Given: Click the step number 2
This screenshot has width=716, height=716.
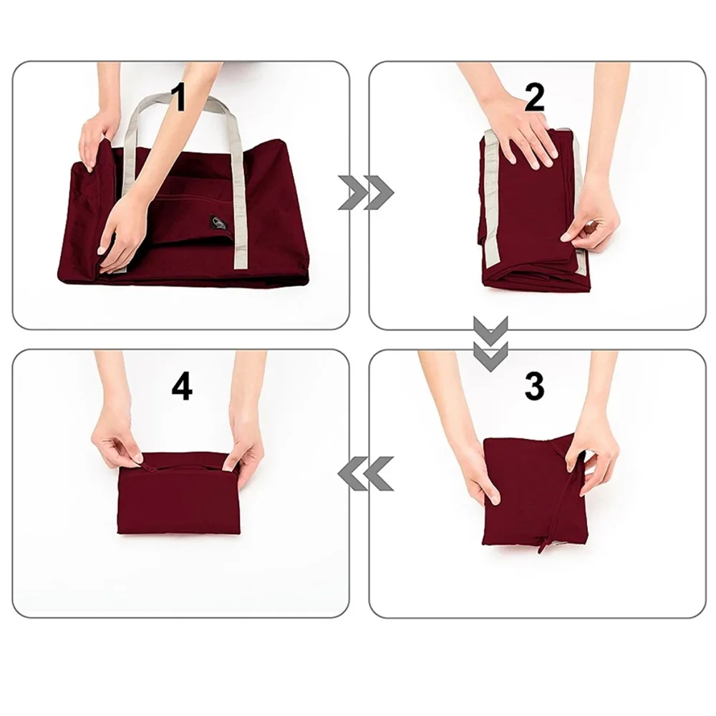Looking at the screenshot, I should pyautogui.click(x=534, y=98).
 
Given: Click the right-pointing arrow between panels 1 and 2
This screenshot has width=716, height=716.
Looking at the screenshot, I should pyautogui.click(x=365, y=193).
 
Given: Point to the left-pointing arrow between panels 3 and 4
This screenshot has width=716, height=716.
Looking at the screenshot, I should pyautogui.click(x=365, y=473).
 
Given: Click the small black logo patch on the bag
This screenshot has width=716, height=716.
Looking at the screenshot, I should pyautogui.click(x=218, y=223).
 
